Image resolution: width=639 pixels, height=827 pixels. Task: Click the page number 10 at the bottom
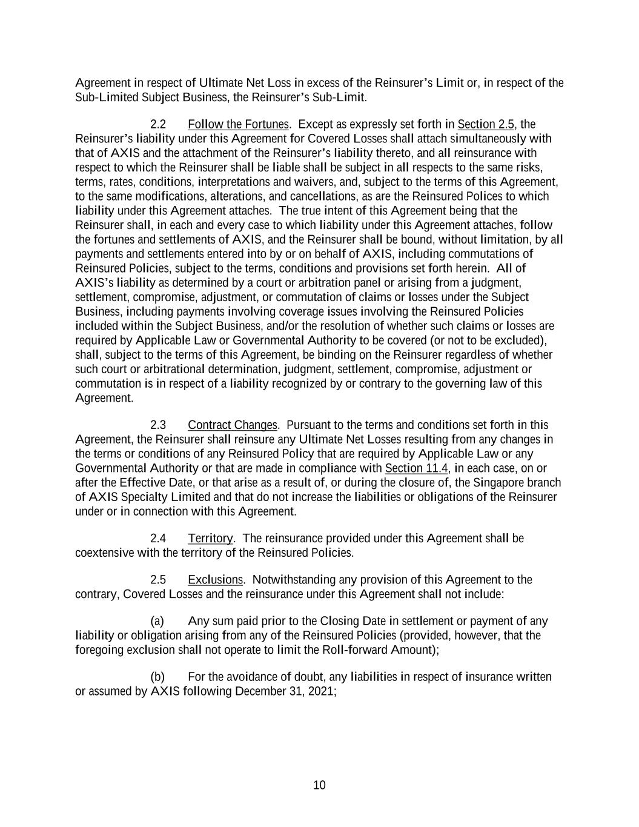[x=319, y=785]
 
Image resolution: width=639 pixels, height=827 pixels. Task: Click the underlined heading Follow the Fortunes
[x=238, y=124]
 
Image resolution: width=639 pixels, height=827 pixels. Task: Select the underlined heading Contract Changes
[x=233, y=425]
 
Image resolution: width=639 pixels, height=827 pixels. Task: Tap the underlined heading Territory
[x=210, y=538]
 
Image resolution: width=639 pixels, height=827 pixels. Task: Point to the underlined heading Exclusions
[x=215, y=580]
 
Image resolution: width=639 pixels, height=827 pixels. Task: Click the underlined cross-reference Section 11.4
[x=417, y=468]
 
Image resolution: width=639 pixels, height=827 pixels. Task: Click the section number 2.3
[x=158, y=425]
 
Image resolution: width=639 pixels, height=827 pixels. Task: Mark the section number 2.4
[x=158, y=538]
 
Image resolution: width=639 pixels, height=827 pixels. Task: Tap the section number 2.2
[x=158, y=124]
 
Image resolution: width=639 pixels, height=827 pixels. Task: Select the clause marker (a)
[x=157, y=621]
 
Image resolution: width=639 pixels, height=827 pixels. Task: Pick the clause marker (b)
[x=157, y=676]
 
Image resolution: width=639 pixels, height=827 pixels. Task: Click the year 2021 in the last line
[x=322, y=691]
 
